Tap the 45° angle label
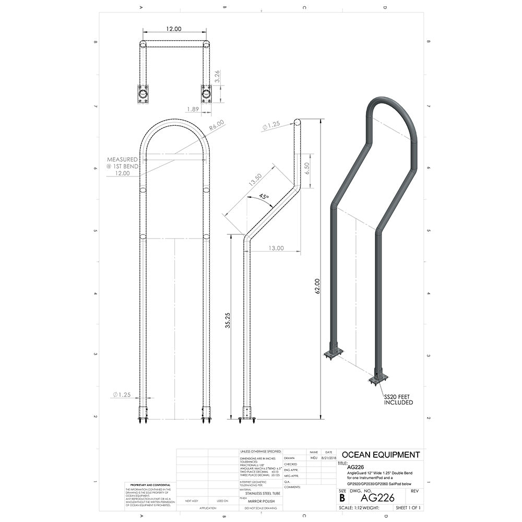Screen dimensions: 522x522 tap(264, 197)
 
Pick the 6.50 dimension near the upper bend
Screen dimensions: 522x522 tap(307, 168)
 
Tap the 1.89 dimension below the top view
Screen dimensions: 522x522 tap(193, 109)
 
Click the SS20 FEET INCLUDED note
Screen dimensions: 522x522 tap(398, 399)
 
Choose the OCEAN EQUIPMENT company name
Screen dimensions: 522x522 tap(380, 455)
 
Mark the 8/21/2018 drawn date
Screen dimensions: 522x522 tap(328, 457)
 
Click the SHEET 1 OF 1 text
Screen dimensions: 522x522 tap(408, 507)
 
